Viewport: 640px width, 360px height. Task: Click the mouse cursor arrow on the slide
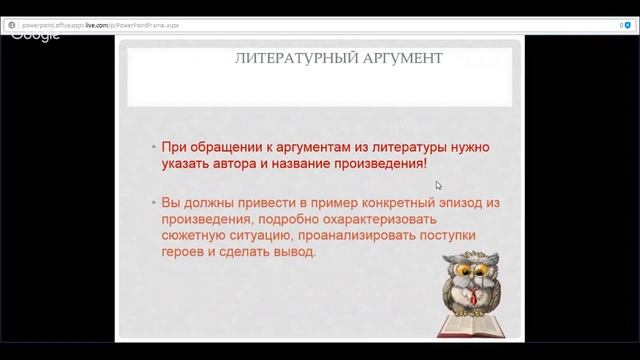tap(438, 185)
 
